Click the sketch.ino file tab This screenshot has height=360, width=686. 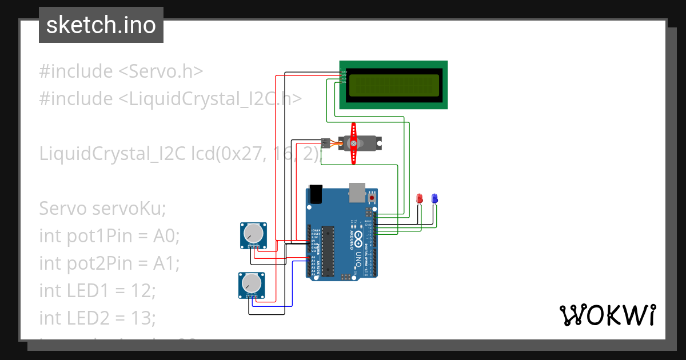tap(101, 25)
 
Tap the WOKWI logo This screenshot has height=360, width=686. tap(607, 315)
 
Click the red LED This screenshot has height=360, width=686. tap(420, 198)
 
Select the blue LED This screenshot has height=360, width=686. tap(434, 198)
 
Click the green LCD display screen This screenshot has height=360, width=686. tap(394, 85)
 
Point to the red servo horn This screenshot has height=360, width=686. tap(354, 143)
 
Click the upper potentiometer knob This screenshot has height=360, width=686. tap(253, 234)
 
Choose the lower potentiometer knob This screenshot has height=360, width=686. tap(252, 283)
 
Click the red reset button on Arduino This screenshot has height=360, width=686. tap(372, 198)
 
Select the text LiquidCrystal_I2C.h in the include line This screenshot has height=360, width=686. tap(210, 99)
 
